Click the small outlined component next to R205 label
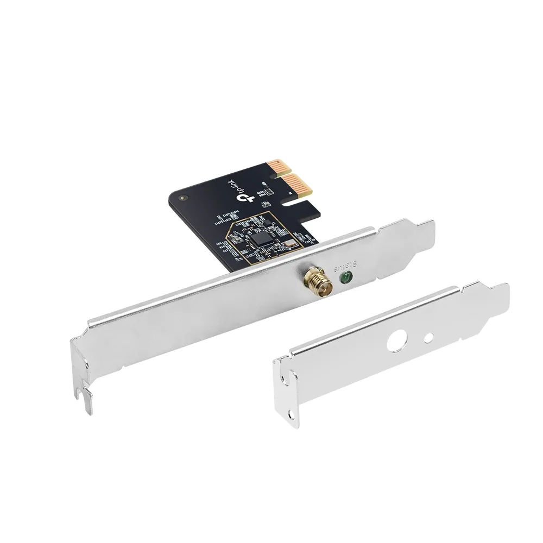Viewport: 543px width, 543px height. [266, 204]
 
